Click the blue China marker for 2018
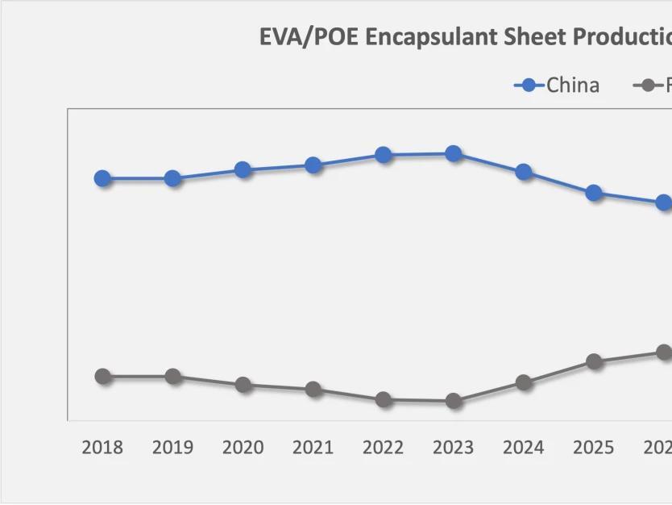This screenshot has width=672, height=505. (102, 178)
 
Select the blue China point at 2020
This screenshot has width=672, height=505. (243, 169)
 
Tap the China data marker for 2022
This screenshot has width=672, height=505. (384, 155)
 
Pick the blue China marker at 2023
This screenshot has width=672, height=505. (454, 153)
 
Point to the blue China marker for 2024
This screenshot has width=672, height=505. (524, 172)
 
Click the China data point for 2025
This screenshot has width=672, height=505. (594, 193)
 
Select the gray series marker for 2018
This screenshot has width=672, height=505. (102, 376)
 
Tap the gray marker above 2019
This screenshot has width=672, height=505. (172, 376)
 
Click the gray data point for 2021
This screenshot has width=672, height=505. (313, 390)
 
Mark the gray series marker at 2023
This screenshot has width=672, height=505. (454, 401)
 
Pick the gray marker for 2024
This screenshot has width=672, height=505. (524, 382)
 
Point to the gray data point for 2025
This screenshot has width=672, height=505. (594, 361)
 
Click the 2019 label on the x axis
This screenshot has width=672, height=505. (172, 448)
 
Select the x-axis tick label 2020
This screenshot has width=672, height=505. (243, 448)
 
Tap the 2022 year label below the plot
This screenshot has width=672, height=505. (384, 448)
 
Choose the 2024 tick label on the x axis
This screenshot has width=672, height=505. (524, 448)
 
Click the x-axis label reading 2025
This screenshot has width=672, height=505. (594, 448)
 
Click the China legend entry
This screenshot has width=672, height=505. (572, 86)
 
